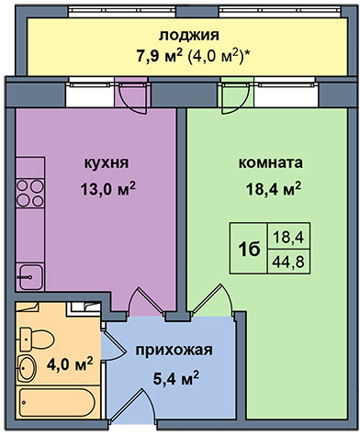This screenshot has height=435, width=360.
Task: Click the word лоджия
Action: tap(188, 35)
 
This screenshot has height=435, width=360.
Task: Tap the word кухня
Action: tap(107, 162)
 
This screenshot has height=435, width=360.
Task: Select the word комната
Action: tap(271, 162)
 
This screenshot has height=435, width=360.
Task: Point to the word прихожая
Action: tap(174, 351)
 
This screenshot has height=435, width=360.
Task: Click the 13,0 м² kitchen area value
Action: tap(107, 189)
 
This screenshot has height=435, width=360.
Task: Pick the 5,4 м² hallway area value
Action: tap(175, 378)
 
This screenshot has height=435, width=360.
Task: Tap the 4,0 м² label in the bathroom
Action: tap(70, 364)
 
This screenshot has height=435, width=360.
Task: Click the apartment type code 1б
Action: tap(249, 250)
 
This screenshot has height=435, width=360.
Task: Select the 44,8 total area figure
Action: tap(288, 262)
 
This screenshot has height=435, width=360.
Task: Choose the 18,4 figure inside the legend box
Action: tap(288, 237)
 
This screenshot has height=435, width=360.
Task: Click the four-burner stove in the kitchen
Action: tap(30, 194)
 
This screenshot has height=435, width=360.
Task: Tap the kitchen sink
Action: tap(30, 277)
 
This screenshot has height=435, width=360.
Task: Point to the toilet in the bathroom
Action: tap(36, 339)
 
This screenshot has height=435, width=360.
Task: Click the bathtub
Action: tap(58, 402)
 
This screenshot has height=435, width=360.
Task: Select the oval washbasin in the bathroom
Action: tap(27, 368)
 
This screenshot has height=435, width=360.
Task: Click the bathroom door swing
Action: tap(112, 346)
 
